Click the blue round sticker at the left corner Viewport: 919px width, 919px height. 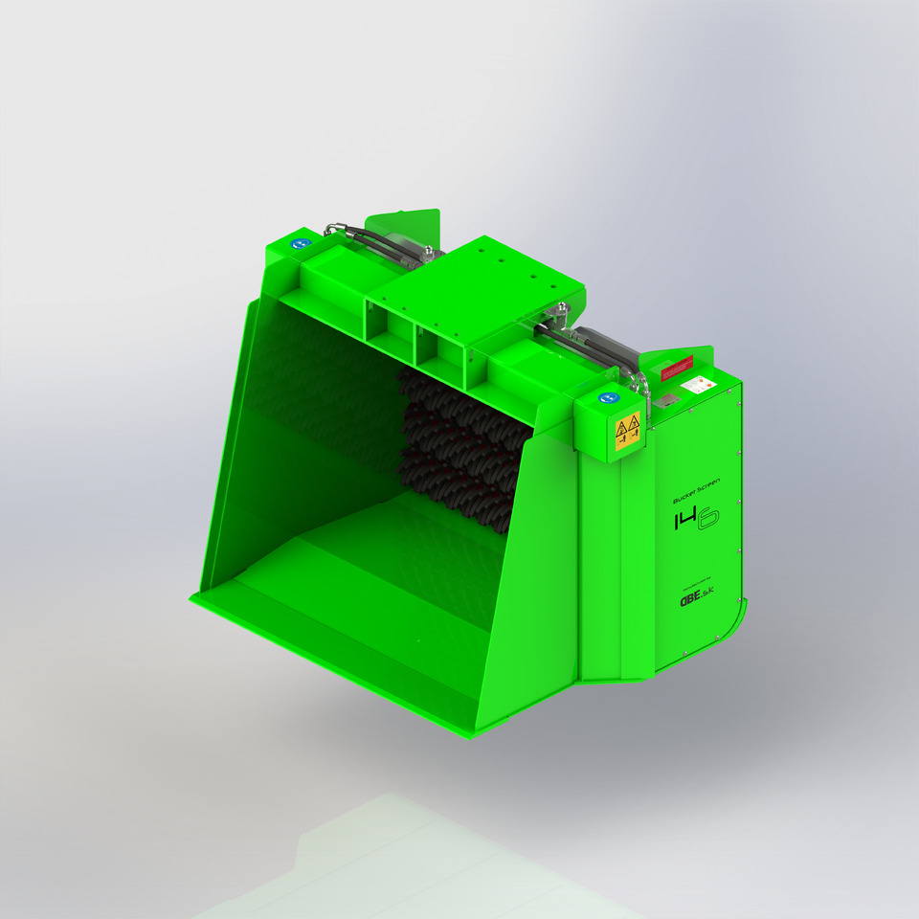299,244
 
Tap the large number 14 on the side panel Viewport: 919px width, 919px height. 688,521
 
